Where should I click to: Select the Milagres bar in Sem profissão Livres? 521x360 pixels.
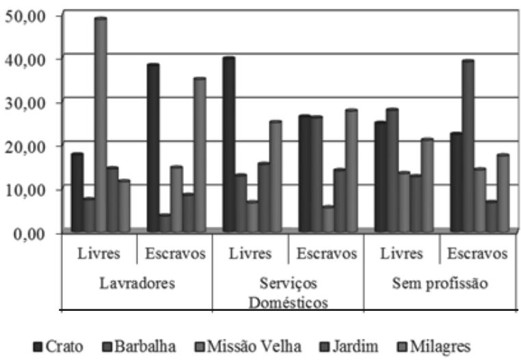(427, 185)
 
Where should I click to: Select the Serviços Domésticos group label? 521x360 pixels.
(288, 292)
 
